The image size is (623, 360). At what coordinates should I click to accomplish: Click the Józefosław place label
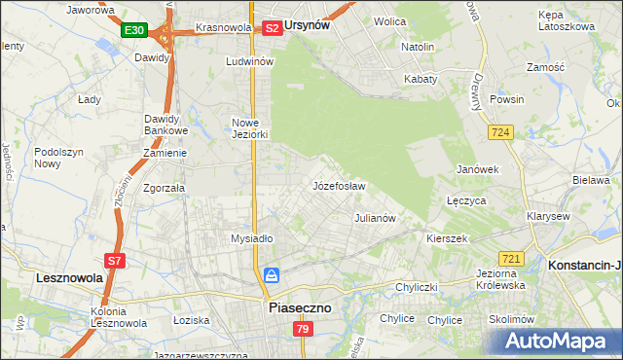[339, 186]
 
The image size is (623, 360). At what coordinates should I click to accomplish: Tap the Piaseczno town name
[299, 307]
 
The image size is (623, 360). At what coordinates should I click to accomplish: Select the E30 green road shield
[134, 31]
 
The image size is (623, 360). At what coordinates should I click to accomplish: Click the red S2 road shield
[273, 28]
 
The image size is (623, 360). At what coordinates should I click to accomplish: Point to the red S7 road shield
[114, 261]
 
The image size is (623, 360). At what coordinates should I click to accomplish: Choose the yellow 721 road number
[511, 258]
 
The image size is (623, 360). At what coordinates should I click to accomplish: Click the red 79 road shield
[302, 331]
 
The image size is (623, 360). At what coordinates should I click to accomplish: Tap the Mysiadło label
[251, 238]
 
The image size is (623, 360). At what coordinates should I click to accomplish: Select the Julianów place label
[375, 219]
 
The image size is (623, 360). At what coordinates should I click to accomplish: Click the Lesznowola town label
[70, 277]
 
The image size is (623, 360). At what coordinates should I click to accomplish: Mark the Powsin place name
[507, 99]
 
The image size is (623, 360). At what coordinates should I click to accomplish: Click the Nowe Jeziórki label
[249, 128]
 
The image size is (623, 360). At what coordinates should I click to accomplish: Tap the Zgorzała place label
[165, 189]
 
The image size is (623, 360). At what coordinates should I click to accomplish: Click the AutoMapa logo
[562, 342]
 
